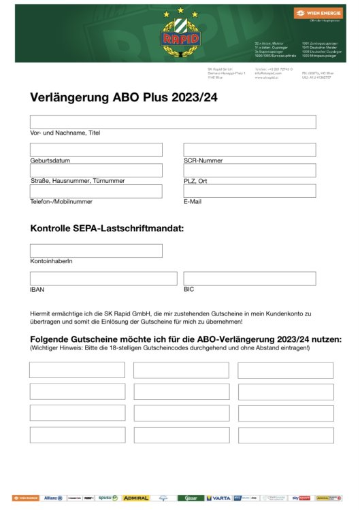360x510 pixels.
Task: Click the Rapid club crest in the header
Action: (180, 38)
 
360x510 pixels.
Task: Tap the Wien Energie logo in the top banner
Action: (314, 13)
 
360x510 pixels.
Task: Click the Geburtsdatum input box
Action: (96, 150)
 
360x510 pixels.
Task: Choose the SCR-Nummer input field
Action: (250, 150)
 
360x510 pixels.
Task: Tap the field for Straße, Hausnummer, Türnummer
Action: (96, 171)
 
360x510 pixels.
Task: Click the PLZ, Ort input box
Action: (250, 171)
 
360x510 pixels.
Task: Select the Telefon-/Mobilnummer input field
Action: (96, 191)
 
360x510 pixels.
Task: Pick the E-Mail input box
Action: (250, 191)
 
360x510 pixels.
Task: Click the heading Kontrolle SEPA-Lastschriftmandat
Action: (107, 229)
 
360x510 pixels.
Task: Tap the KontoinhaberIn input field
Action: (96, 251)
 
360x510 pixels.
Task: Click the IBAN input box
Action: (103, 279)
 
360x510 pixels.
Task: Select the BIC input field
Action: (250, 279)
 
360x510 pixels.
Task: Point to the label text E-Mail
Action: (193, 202)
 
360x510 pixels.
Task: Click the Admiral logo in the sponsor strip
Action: (135, 498)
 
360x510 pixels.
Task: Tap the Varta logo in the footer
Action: (218, 498)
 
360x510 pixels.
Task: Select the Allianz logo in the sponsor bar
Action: (53, 498)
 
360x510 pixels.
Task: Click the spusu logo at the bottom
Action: (108, 498)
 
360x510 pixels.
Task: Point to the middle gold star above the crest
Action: (180, 10)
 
